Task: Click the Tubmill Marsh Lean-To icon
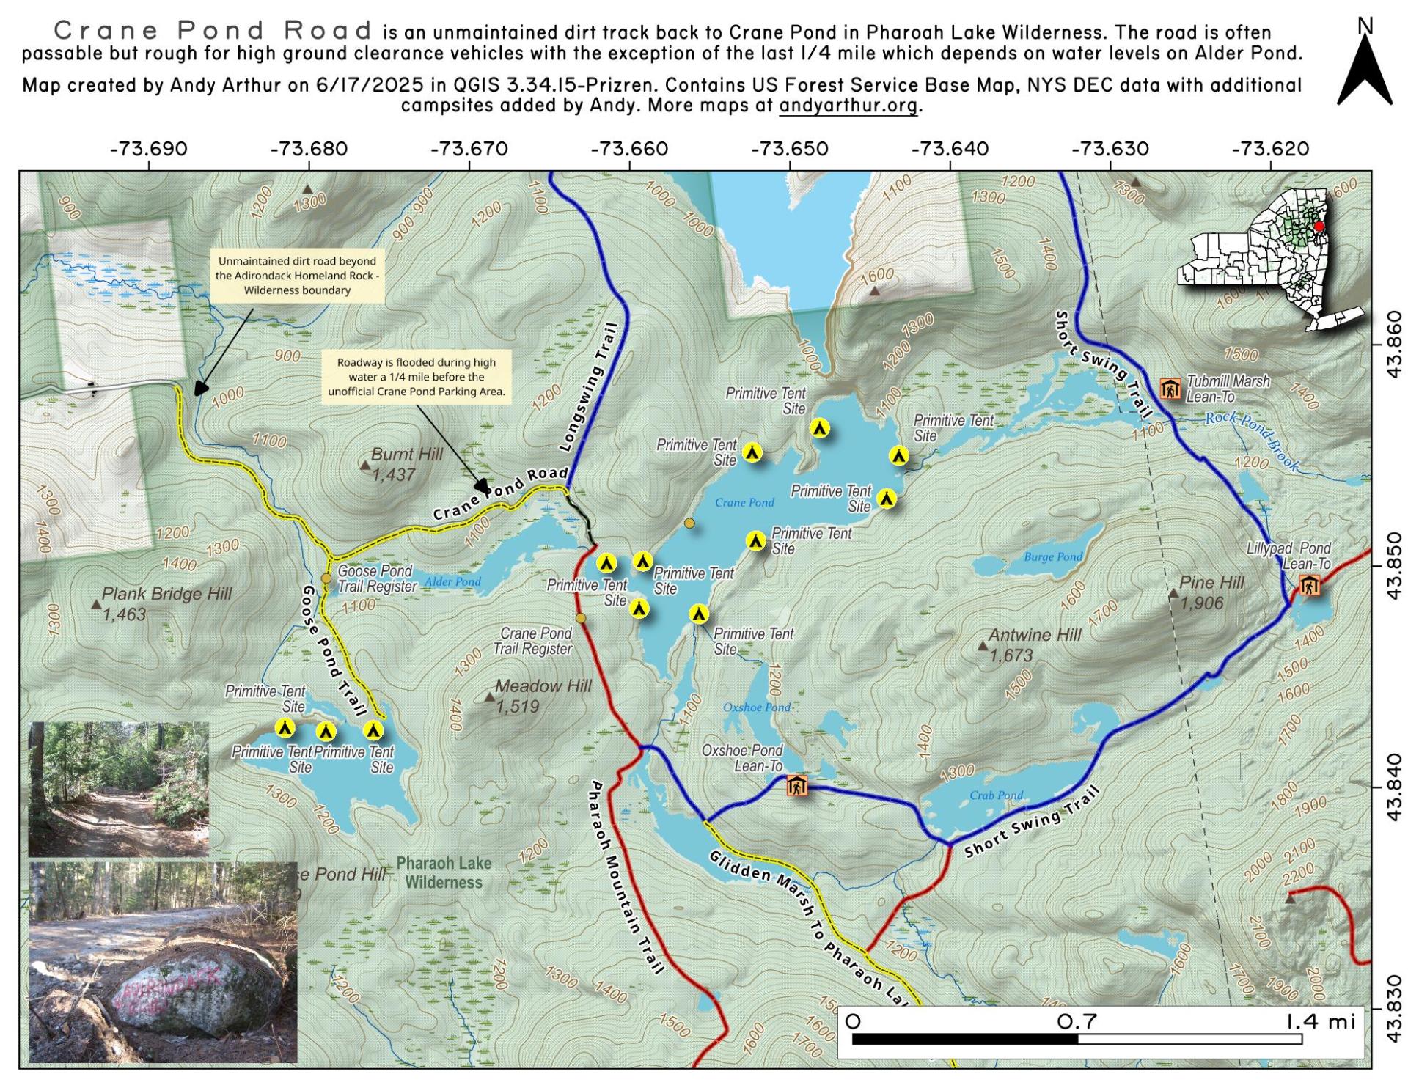pos(1170,389)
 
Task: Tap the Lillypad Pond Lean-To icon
pos(1309,585)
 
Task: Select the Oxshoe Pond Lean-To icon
pos(797,786)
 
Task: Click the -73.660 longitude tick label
pos(629,150)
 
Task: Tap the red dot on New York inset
pos(1319,227)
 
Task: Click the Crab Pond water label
pos(996,795)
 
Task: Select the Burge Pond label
pos(1053,556)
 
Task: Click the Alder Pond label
pos(452,582)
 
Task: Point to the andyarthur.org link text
pos(848,105)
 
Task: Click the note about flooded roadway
pos(416,377)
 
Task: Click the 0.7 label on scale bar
pos(1077,1021)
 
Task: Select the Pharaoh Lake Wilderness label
pos(444,872)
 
